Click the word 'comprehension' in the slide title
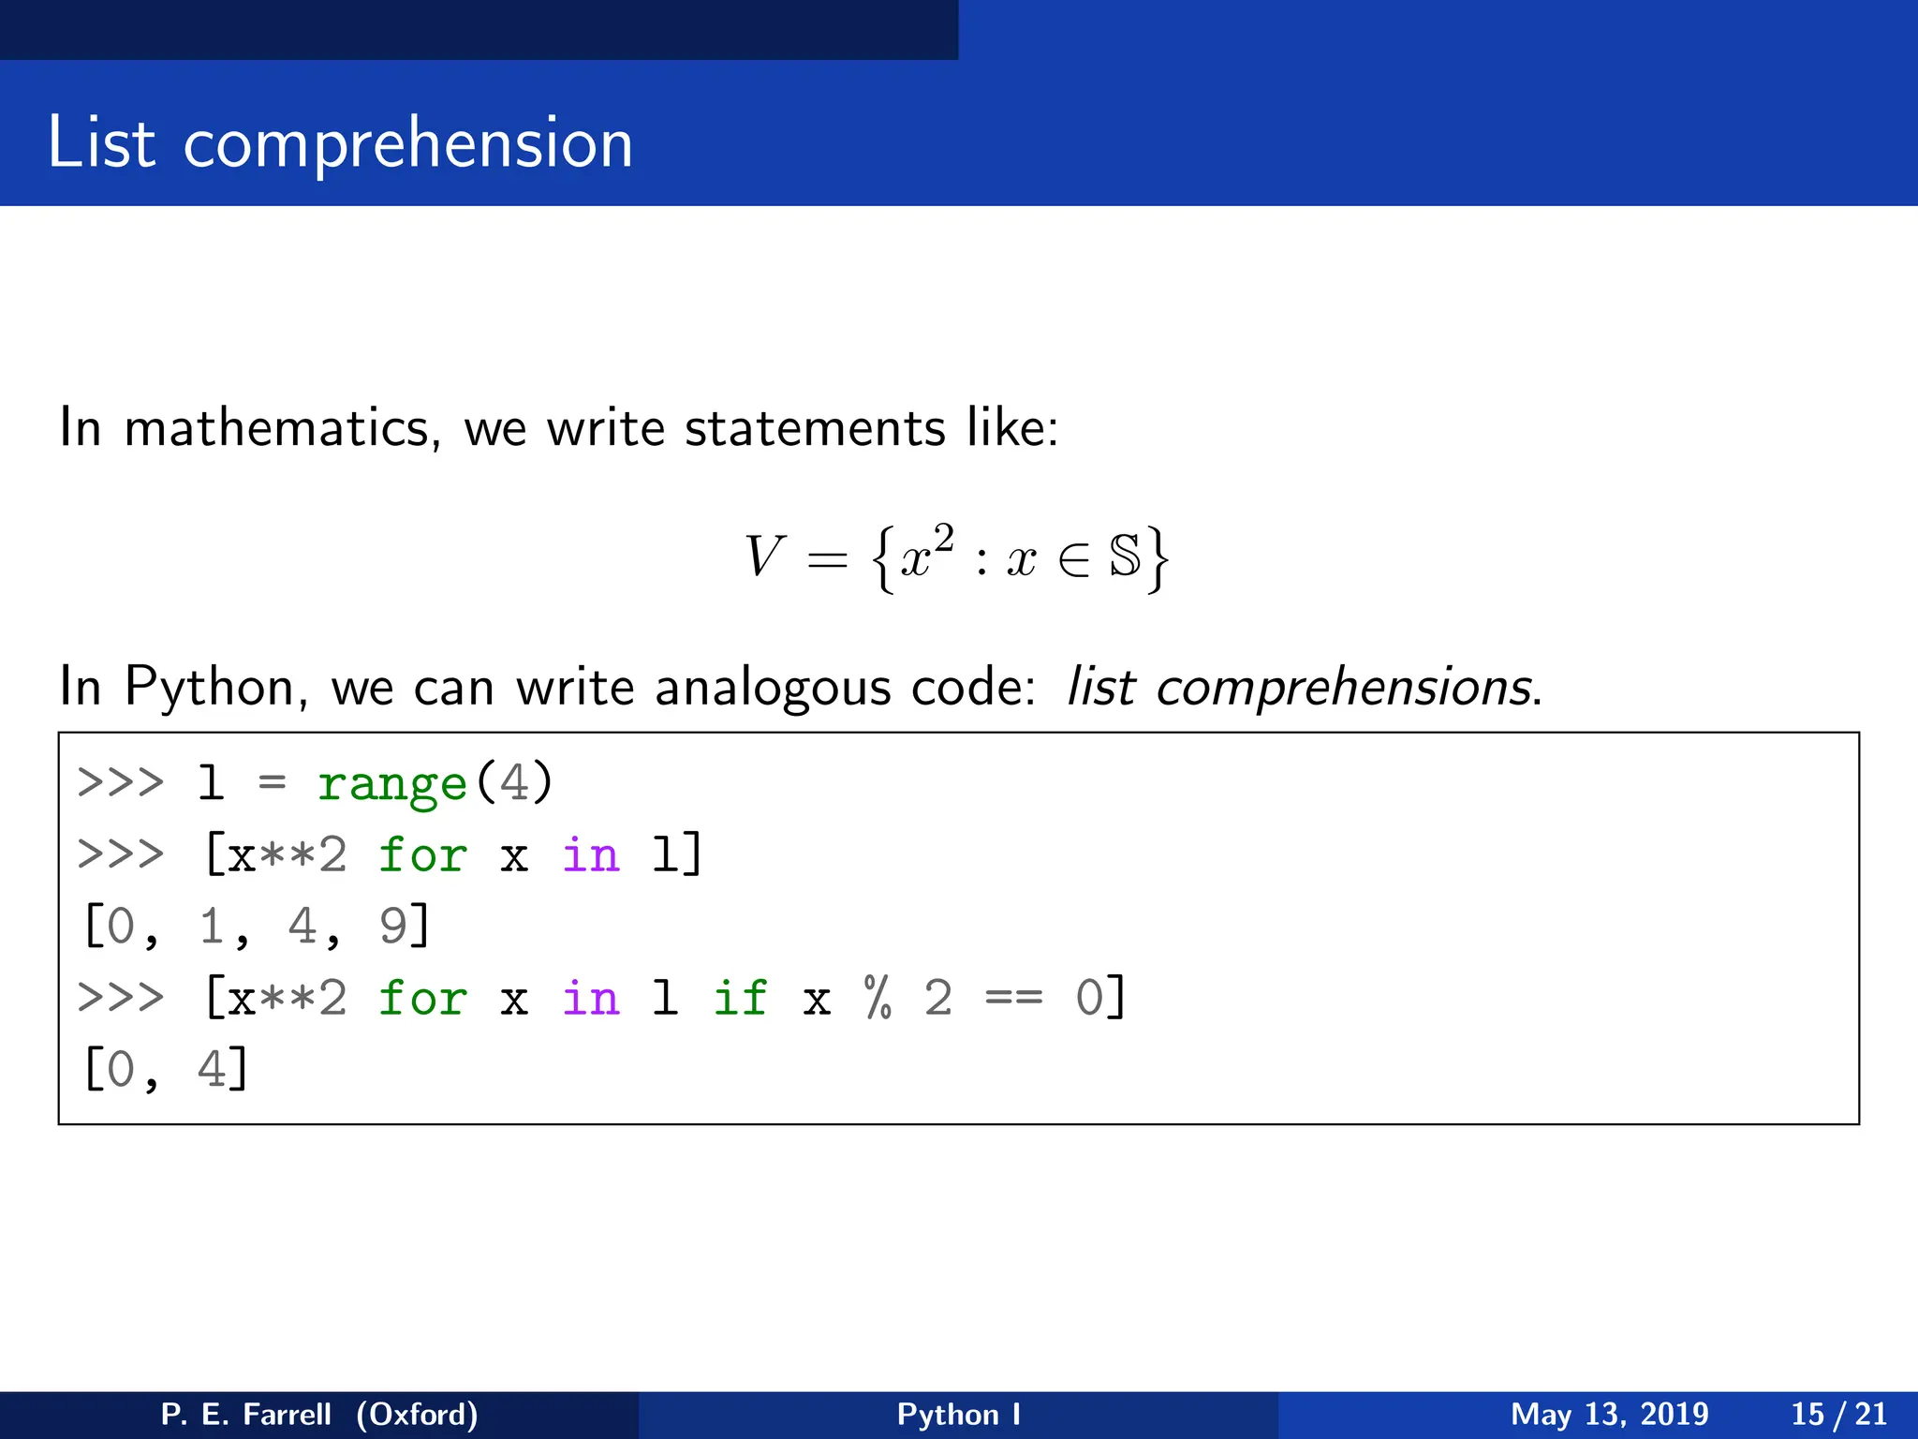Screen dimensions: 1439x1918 point(407,145)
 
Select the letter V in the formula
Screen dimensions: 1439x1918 point(763,556)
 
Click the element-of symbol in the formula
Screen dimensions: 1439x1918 point(1073,560)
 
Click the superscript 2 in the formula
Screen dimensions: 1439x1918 point(943,539)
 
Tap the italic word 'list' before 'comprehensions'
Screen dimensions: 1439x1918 point(1101,687)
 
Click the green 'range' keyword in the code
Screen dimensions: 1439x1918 point(391,782)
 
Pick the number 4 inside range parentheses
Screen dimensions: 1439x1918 point(514,782)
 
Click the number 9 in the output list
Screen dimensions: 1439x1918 point(392,926)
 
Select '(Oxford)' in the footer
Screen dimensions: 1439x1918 point(417,1414)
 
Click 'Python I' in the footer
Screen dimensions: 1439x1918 point(958,1414)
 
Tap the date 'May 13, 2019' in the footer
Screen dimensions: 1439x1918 point(1609,1414)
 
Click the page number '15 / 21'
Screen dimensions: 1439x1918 point(1838,1414)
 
